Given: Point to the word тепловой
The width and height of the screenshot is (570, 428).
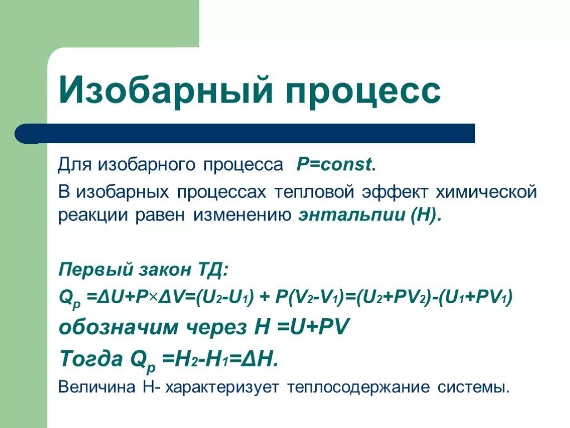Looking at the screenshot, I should (x=314, y=192).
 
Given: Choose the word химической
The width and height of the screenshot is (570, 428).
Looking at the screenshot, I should (x=486, y=192).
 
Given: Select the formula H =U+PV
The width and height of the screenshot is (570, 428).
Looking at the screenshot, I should (x=301, y=328).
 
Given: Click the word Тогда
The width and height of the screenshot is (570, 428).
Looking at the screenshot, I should (x=91, y=359).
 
